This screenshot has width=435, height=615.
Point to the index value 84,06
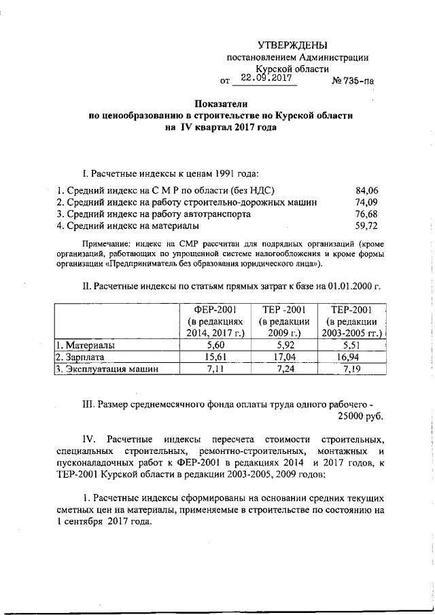click(x=367, y=190)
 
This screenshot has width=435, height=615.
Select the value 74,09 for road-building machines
click(x=367, y=202)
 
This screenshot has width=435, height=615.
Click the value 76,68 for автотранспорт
click(x=367, y=213)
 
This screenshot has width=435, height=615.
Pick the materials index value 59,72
click(x=367, y=225)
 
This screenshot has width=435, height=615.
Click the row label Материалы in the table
click(x=86, y=346)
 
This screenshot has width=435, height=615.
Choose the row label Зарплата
click(x=81, y=357)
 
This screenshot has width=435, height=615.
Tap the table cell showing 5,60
click(x=215, y=346)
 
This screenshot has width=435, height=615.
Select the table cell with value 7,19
click(x=352, y=370)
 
